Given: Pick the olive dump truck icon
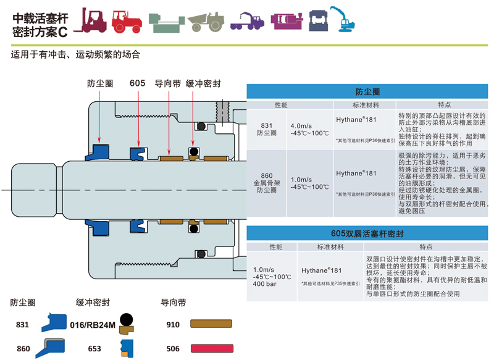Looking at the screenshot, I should coord(206,22).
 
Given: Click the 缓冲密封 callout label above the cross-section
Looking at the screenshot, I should coord(203,83).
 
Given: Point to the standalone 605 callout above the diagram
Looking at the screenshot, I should coord(137,83).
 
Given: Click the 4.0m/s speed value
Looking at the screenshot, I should coord(302,124).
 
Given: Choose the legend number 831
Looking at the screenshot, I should coord(22,324).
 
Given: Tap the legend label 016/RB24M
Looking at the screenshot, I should coord(93,324).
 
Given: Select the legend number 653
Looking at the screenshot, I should coord(94,348).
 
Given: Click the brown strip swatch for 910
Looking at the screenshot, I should coord(210,324).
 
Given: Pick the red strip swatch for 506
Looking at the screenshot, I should coord(210,348).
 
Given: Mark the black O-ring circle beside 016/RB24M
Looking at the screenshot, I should coord(127,320).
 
